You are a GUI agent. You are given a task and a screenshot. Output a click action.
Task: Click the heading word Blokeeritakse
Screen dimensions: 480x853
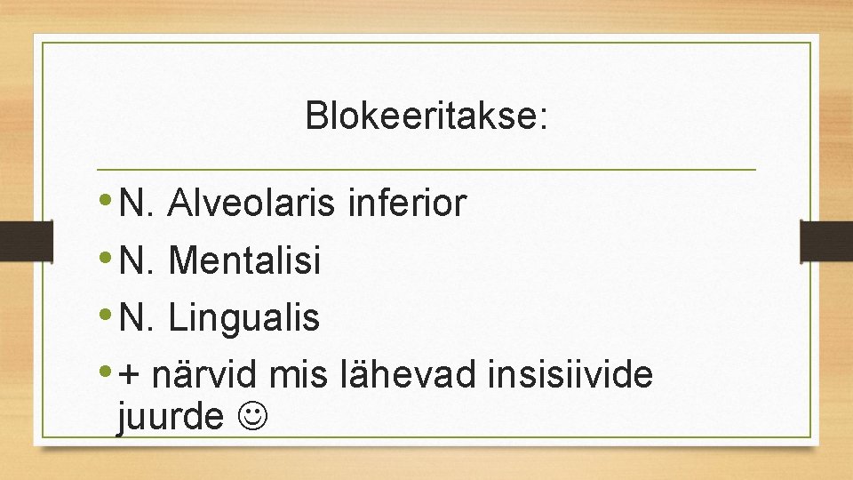tap(426, 116)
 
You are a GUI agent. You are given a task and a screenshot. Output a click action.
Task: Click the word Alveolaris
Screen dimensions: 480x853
tap(251, 204)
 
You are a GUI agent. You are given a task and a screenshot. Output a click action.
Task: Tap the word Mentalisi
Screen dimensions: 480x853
tap(243, 260)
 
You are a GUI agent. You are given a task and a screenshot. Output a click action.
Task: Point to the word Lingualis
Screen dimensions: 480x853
tap(243, 317)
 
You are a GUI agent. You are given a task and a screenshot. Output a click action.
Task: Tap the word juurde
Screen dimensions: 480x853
tap(170, 415)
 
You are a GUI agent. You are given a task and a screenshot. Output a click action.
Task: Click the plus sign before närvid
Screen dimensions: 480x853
tap(131, 376)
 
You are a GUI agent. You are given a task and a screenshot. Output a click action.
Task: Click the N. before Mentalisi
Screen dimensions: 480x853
tap(137, 260)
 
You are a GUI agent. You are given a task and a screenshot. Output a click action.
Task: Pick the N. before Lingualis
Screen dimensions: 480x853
tap(137, 317)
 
